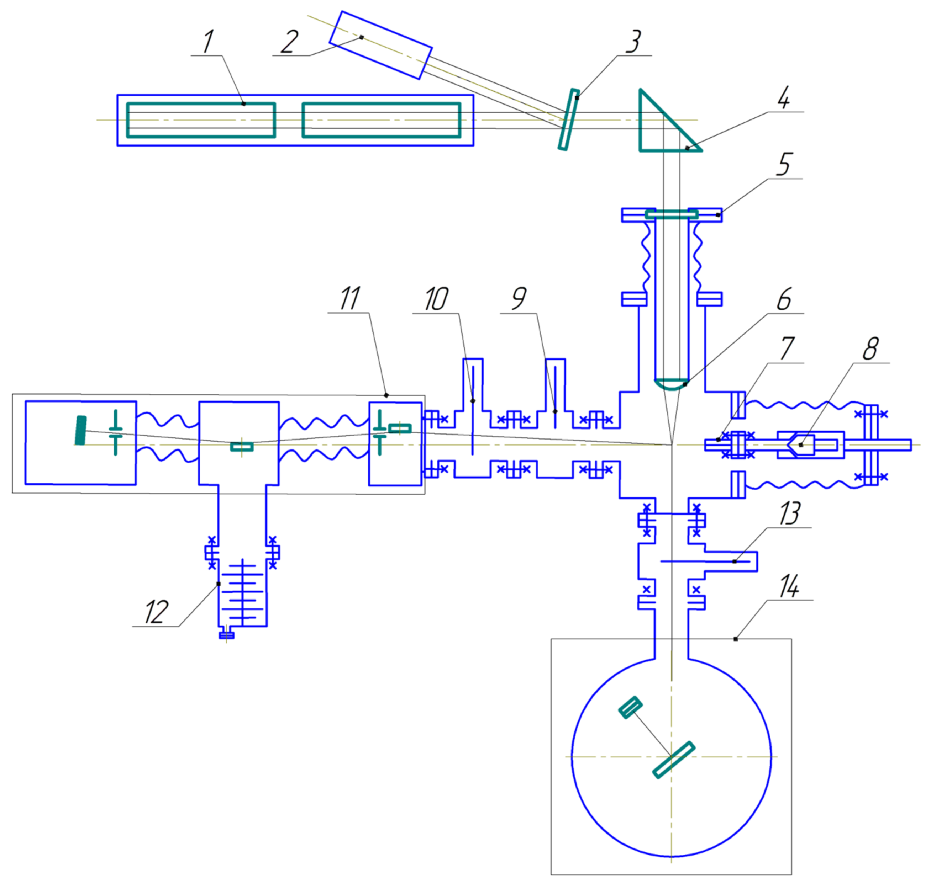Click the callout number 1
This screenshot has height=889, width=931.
tap(208, 41)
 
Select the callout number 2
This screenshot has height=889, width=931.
tap(289, 41)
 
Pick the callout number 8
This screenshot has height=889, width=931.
tap(870, 349)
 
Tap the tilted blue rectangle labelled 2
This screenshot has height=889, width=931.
tap(380, 45)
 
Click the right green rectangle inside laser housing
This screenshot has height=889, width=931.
tap(381, 120)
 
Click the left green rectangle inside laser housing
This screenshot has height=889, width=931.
tap(201, 120)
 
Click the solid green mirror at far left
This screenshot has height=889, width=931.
tap(81, 430)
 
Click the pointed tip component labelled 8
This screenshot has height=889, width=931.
tap(801, 445)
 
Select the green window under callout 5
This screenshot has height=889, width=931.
tap(671, 214)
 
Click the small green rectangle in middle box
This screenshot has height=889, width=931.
tap(242, 446)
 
